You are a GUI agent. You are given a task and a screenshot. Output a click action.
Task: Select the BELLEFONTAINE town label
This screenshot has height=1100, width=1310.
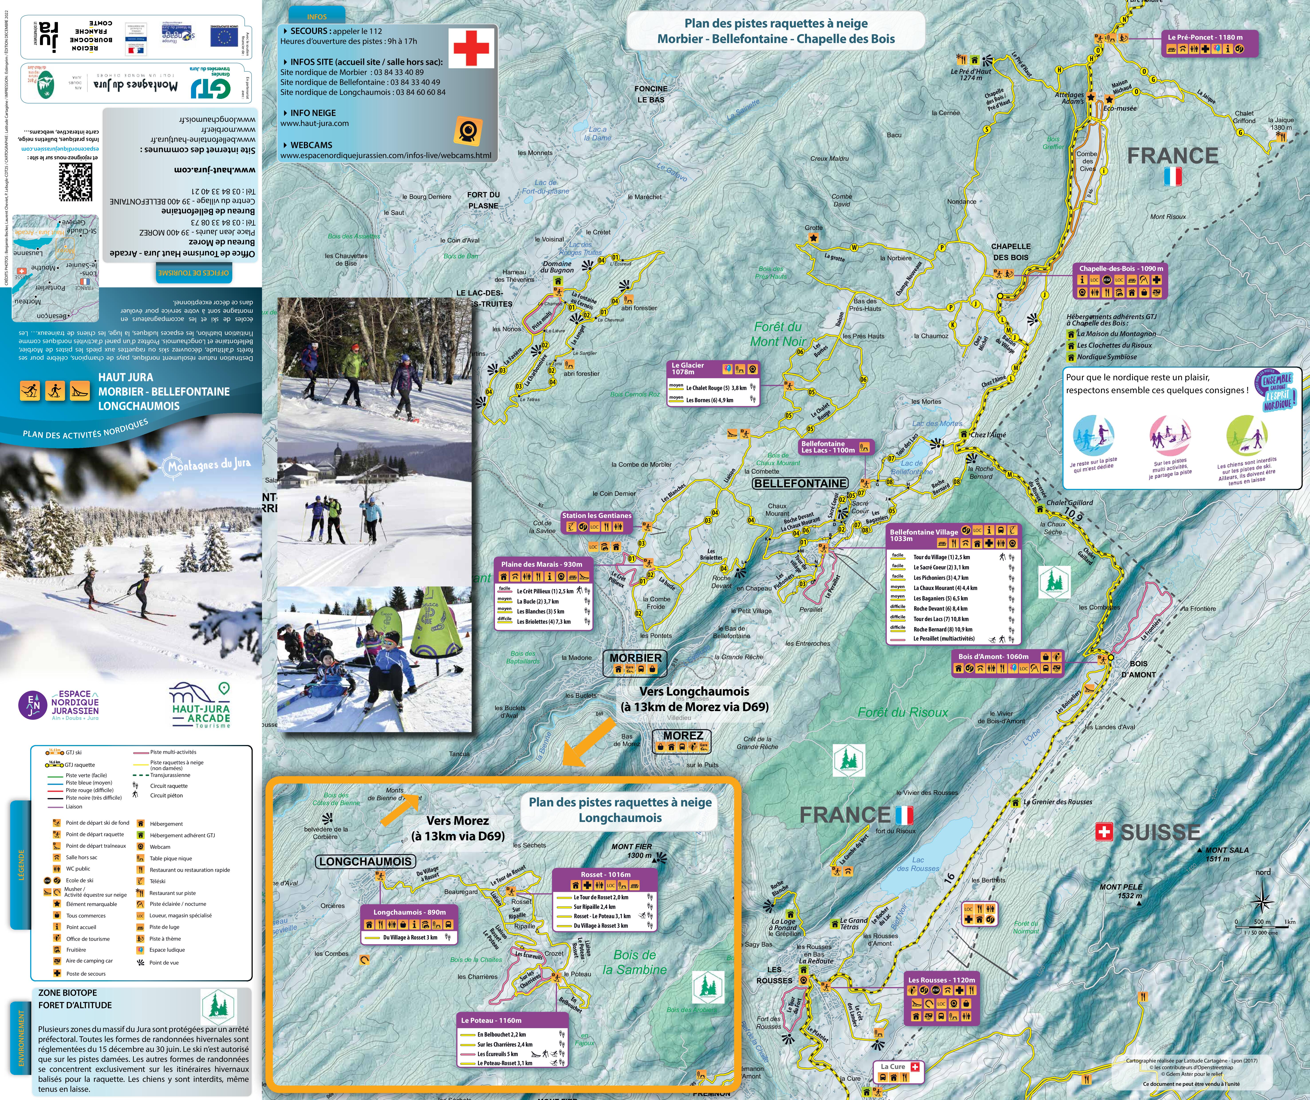[800, 483]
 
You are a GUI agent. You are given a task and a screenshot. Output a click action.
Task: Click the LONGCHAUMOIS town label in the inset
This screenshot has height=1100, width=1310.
[365, 861]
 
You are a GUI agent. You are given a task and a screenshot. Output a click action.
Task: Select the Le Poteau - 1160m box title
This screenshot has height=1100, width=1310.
[492, 1020]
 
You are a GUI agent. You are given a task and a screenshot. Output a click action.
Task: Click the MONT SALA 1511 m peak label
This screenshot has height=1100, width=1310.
[1226, 854]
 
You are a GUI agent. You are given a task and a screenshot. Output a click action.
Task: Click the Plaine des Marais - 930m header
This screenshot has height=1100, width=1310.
[542, 564]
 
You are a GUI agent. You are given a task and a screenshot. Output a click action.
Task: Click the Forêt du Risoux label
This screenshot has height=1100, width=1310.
[903, 712]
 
